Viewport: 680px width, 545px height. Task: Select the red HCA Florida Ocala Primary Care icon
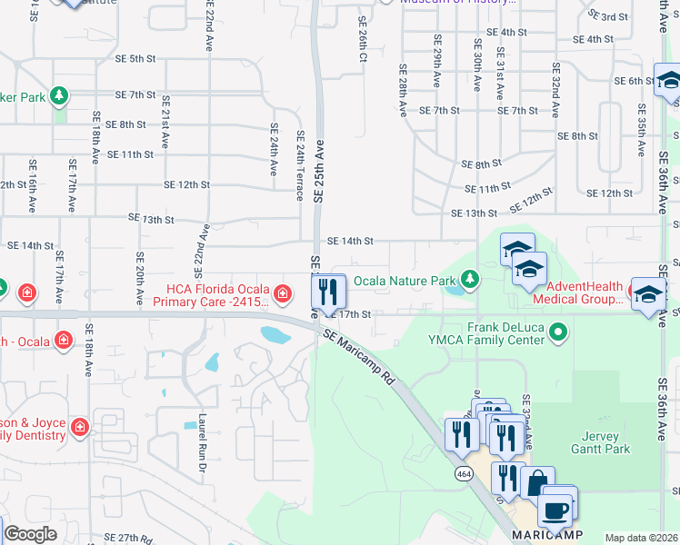pos(283,292)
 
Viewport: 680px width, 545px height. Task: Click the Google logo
pos(30,534)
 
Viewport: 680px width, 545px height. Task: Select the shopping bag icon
pos(537,484)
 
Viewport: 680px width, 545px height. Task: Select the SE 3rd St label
pos(608,16)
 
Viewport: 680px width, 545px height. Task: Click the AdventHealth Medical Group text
pos(579,293)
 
